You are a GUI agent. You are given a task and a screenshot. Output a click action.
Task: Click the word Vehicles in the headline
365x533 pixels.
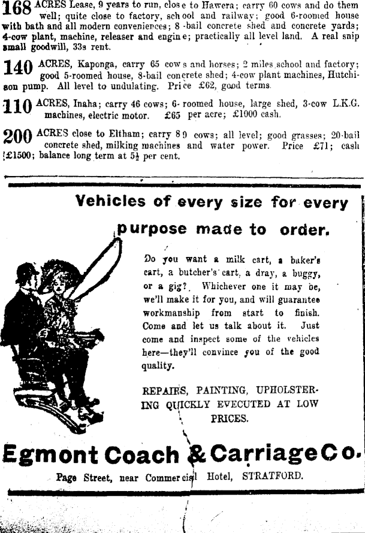point(112,202)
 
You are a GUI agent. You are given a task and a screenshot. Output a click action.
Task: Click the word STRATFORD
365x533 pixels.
point(272,478)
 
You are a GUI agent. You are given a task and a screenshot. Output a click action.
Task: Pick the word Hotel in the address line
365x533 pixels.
point(221,478)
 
